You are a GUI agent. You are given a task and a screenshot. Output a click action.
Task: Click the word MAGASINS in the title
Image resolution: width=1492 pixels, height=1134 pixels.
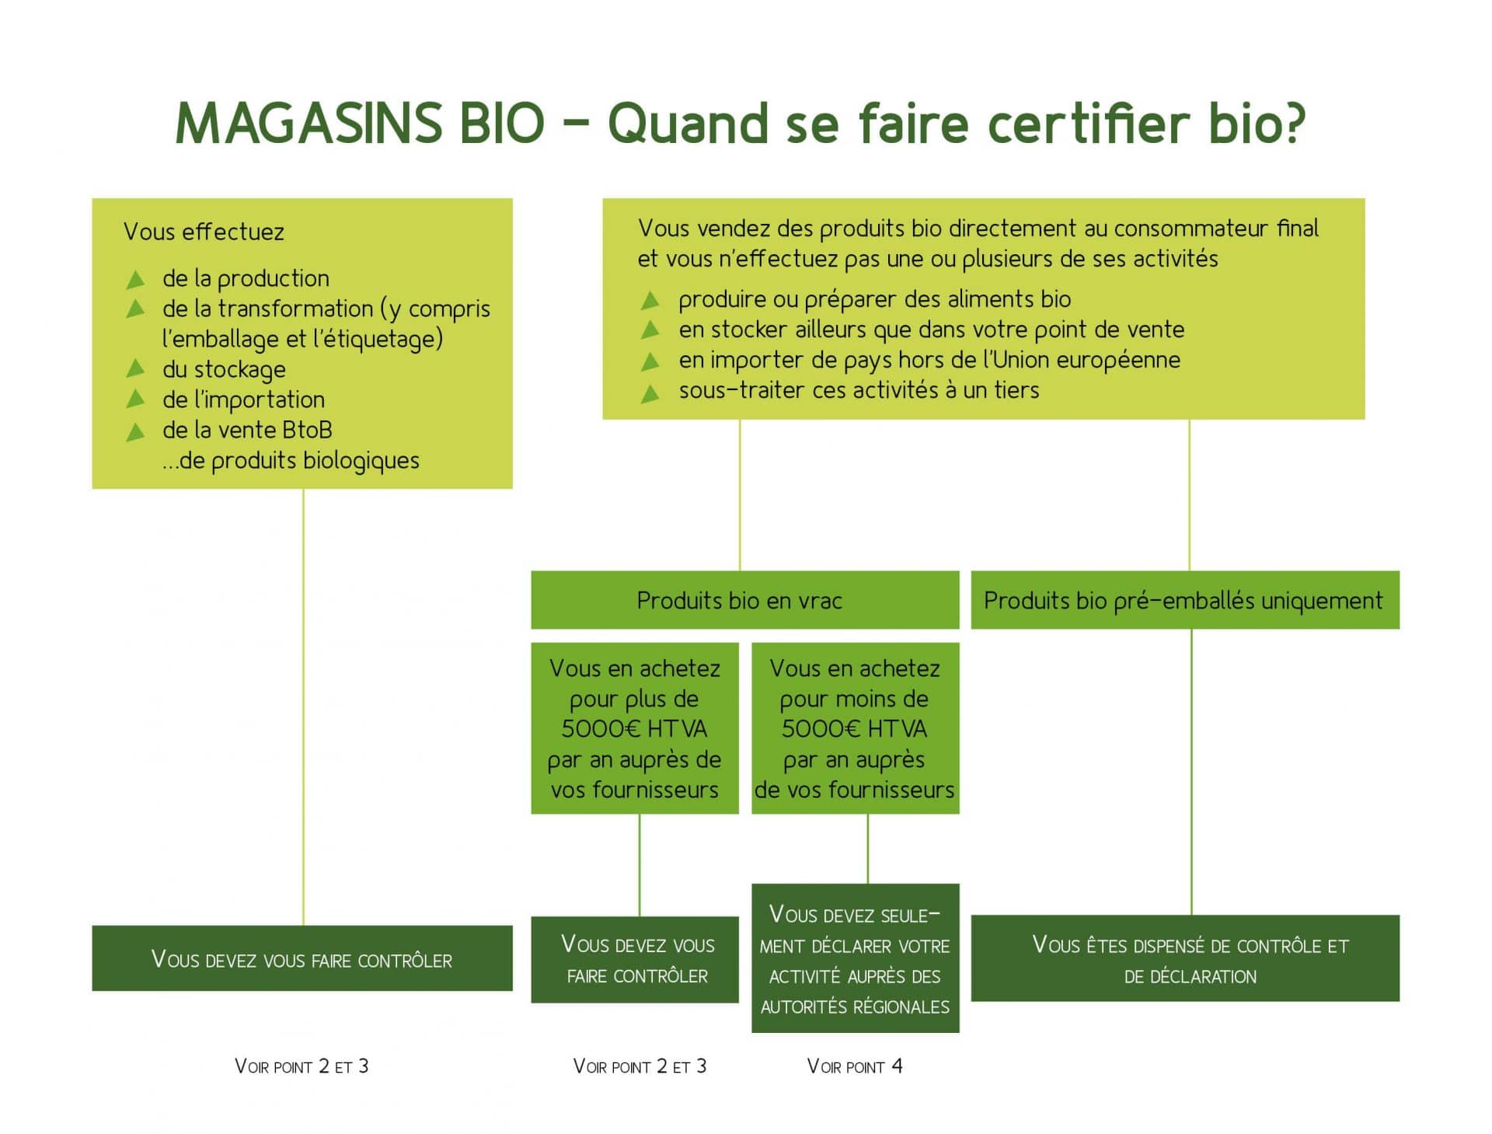[x=309, y=123]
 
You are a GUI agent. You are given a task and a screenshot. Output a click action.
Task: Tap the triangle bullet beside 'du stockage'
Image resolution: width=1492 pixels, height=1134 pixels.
[x=136, y=368]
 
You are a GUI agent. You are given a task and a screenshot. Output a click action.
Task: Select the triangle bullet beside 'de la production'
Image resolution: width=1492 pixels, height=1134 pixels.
[x=136, y=278]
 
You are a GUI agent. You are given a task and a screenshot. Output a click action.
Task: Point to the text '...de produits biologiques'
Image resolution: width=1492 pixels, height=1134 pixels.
[x=291, y=461]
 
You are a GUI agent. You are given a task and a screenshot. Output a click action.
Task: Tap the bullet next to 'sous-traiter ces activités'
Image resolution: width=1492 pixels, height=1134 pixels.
[x=650, y=394]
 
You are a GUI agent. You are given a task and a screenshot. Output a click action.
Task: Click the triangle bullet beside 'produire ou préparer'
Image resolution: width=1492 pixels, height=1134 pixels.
[x=650, y=299]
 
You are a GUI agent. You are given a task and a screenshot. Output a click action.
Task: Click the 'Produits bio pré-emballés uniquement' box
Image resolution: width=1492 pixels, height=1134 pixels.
[x=1185, y=600]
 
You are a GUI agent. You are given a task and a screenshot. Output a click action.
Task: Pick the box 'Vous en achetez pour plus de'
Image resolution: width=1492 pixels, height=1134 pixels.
[x=635, y=728]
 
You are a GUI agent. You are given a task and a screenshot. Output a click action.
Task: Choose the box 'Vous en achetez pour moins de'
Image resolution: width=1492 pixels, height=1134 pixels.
[x=856, y=728]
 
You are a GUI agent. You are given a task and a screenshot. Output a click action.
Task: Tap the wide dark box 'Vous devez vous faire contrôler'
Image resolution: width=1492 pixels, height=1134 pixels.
[x=302, y=958]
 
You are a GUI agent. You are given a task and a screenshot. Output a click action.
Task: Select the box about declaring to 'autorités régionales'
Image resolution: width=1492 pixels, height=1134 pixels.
[x=856, y=958]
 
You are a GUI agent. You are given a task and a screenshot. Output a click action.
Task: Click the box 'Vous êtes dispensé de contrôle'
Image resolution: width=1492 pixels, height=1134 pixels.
[x=1185, y=958]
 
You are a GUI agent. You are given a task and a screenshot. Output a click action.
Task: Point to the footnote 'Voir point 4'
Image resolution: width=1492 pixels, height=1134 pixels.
[x=855, y=1066]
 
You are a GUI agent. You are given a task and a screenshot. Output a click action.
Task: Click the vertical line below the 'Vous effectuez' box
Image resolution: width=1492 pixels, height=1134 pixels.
[x=303, y=707]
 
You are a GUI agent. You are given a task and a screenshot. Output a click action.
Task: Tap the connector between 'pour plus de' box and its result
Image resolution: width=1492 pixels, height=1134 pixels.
[x=640, y=865]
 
